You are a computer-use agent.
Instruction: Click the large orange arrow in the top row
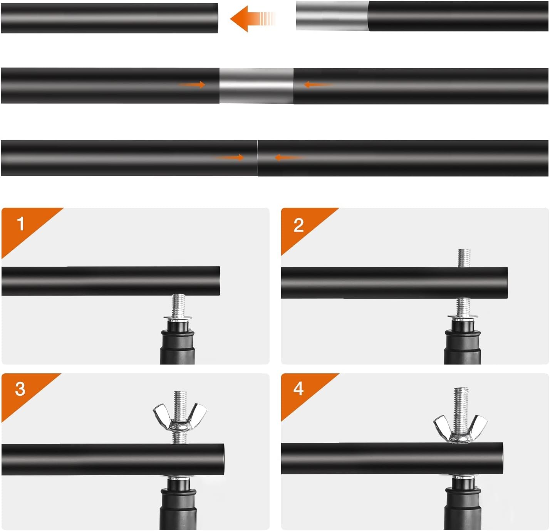click(x=252, y=18)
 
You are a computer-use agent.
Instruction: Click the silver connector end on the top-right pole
click(x=332, y=16)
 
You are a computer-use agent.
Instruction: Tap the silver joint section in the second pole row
click(x=257, y=86)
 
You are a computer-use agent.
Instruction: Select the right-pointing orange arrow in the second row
click(x=192, y=84)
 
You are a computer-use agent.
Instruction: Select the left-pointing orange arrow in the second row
click(x=319, y=84)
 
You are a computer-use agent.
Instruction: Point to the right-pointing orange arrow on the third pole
click(x=230, y=157)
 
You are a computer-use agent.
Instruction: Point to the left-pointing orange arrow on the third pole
click(x=289, y=157)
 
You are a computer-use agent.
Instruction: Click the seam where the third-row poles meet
click(x=258, y=158)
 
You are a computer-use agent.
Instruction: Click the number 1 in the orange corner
click(x=20, y=223)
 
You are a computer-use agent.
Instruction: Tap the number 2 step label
click(x=298, y=225)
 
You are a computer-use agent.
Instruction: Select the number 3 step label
click(x=20, y=389)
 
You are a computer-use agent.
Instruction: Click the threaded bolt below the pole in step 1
click(x=179, y=305)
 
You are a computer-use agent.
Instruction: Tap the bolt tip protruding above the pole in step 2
click(x=464, y=258)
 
